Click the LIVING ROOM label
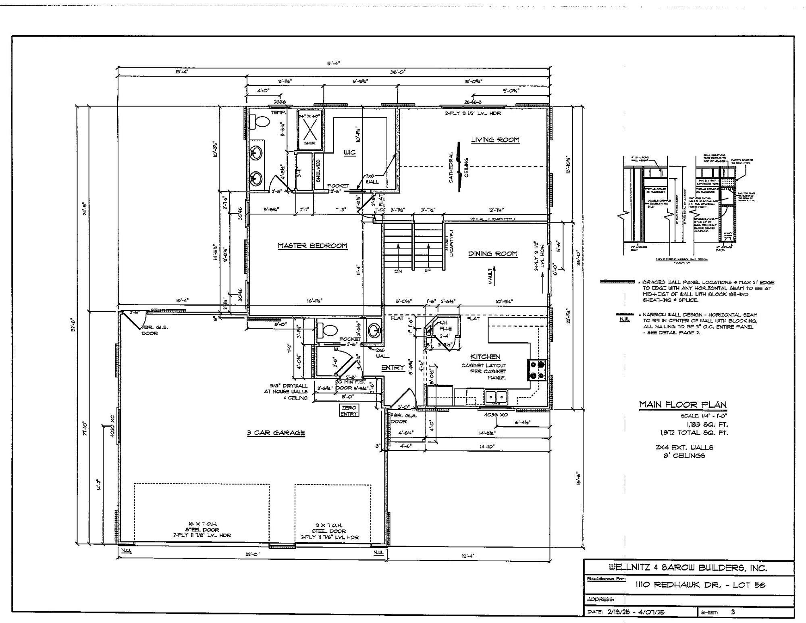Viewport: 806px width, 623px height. pos(495,140)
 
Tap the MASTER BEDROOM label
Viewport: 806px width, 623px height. pos(312,246)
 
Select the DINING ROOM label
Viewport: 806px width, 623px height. pos(492,254)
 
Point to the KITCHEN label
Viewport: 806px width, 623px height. pos(485,357)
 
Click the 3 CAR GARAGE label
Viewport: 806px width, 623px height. pos(276,433)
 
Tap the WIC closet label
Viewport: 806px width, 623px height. pos(349,153)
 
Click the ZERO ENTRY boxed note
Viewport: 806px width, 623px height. pos(349,411)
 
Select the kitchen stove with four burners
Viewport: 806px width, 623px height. pos(537,370)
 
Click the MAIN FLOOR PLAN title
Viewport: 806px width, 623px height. pos(683,404)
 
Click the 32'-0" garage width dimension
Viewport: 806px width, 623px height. pos(252,554)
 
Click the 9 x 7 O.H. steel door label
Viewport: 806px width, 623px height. pos(329,531)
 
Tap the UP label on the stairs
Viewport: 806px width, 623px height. pos(428,271)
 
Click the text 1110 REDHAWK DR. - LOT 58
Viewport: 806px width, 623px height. pos(700,585)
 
